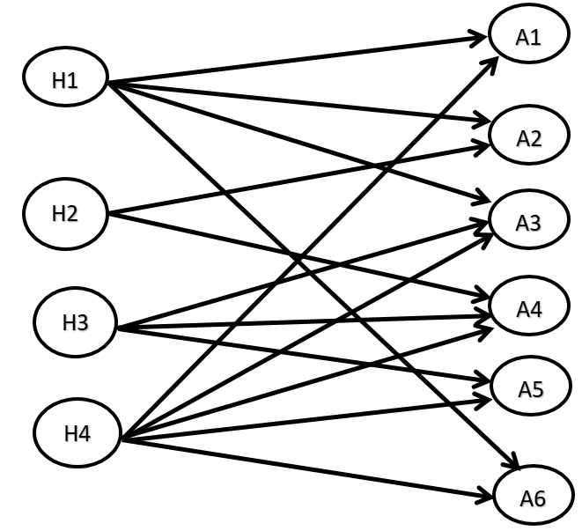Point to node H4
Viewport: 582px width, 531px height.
(76, 433)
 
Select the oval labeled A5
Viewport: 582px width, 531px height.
(532, 388)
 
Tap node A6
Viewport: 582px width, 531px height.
(532, 498)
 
